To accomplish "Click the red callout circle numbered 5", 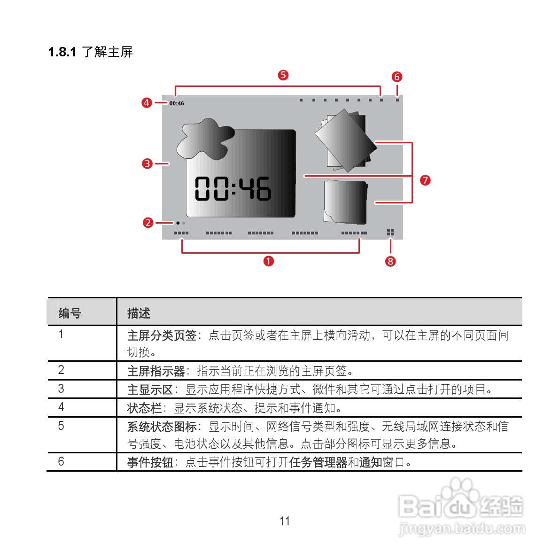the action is point(283,75).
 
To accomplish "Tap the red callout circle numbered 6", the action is point(397,77).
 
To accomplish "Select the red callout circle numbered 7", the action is point(425,180).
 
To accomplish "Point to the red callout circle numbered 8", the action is point(390,261).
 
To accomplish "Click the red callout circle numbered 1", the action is point(268,261).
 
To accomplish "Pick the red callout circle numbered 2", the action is point(148,223).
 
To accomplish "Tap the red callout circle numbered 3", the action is point(148,163).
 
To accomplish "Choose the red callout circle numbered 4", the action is point(147,102).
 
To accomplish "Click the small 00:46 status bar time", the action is point(177,103).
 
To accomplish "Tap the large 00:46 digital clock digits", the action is point(233,188).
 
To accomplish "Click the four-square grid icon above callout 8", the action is point(390,233).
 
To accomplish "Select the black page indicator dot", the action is point(178,223).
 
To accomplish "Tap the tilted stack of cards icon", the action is point(345,140).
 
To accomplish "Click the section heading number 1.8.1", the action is point(62,52).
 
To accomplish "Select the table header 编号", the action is point(70,313).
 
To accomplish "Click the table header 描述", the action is point(139,313).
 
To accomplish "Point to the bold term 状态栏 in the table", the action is point(144,408).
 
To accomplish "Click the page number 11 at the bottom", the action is point(285,521).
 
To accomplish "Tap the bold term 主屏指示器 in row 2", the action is point(156,371).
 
